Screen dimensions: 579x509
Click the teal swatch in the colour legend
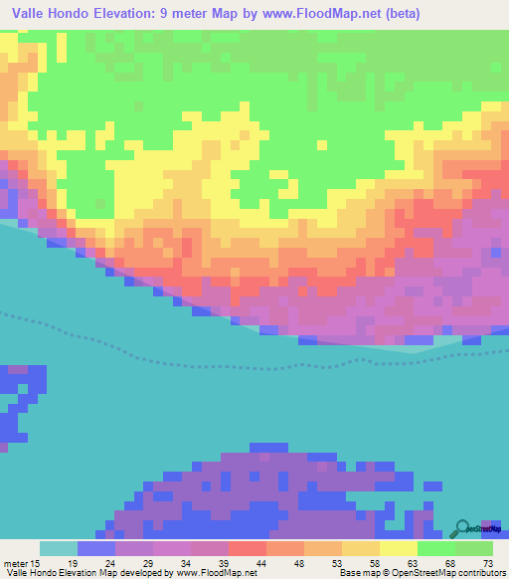point(58,548)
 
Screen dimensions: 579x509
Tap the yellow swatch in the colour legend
point(398,548)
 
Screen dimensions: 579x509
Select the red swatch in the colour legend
point(247,548)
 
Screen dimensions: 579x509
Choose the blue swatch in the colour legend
point(95,548)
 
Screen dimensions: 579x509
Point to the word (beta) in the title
point(398,14)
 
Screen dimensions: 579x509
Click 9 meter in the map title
point(180,14)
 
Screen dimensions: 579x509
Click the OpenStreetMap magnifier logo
point(463,529)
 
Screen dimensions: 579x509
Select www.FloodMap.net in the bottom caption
point(217,572)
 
